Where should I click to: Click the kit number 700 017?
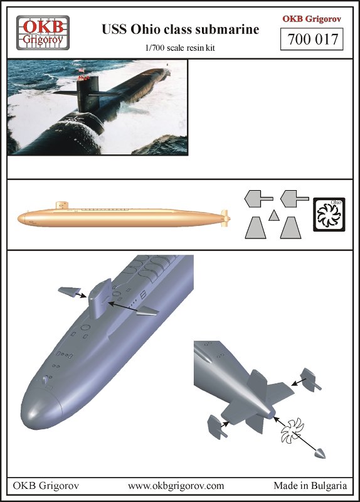click(311, 40)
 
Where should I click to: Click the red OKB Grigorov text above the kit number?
click(311, 19)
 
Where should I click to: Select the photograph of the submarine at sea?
click(97, 107)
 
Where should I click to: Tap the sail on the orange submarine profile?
click(61, 205)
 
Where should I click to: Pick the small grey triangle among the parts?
click(273, 215)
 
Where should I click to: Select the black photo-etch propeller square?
click(329, 215)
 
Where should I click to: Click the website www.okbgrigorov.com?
click(176, 486)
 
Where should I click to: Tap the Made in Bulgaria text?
click(310, 486)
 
